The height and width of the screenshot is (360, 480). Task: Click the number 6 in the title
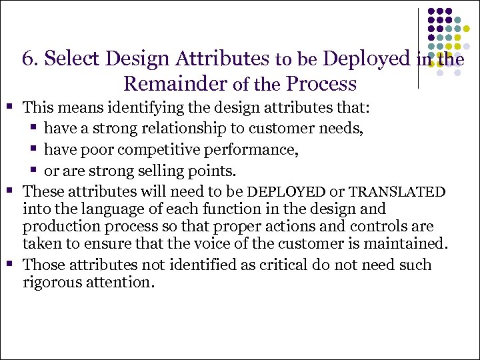[28, 59]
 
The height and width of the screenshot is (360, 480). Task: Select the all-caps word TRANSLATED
[397, 193]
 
